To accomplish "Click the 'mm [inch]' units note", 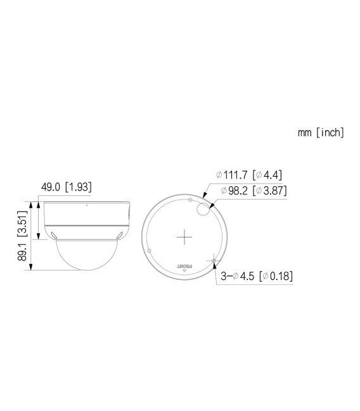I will (321, 133).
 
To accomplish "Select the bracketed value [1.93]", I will (79, 187).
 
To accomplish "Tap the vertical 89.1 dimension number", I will (22, 253).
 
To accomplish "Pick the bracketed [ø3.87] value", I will (272, 190).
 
